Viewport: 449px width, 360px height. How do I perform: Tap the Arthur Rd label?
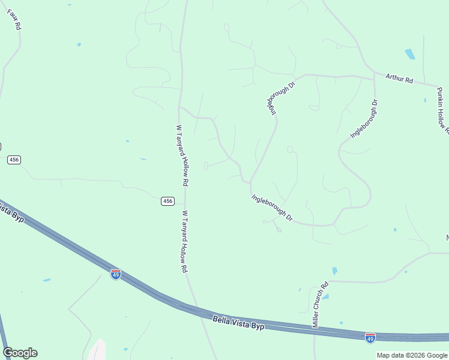(x=400, y=79)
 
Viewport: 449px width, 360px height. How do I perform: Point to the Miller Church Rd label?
(x=319, y=305)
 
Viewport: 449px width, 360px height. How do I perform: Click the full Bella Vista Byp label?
(x=238, y=322)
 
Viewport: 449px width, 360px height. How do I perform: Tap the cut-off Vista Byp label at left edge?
(x=11, y=213)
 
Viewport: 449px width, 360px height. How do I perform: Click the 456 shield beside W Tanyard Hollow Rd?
(x=168, y=201)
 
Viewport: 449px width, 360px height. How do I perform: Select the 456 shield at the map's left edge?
(x=14, y=160)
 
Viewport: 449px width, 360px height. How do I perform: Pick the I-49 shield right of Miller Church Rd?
(x=370, y=338)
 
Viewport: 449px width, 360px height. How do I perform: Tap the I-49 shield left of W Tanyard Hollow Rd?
(x=116, y=274)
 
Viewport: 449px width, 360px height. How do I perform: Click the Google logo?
(x=20, y=353)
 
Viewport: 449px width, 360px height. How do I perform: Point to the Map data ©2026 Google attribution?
(x=412, y=355)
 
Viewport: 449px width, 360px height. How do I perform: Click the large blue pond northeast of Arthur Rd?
(x=410, y=54)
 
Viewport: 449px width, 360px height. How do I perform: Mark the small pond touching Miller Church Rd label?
(x=325, y=296)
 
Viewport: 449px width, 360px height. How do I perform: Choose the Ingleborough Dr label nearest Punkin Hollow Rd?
(x=364, y=119)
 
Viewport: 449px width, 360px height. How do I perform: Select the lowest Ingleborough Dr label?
(x=272, y=207)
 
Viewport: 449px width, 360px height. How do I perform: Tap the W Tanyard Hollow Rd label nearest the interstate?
(x=184, y=241)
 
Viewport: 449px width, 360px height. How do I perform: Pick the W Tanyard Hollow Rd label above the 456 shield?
(x=182, y=155)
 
